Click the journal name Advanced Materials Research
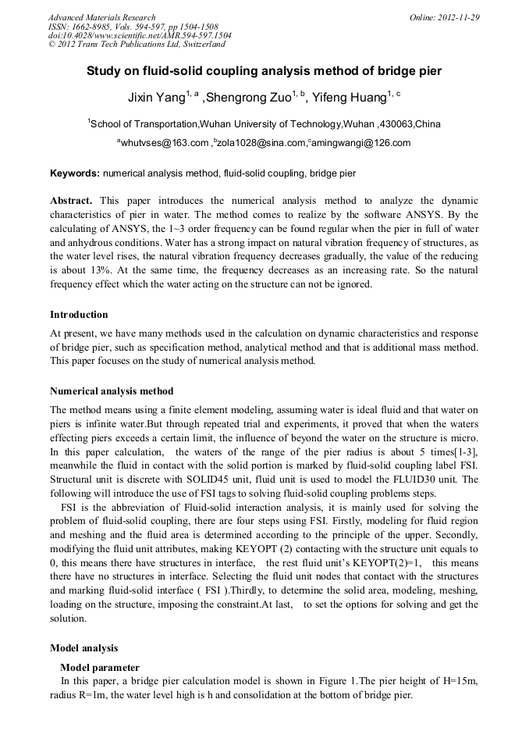(101, 17)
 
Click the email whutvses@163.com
(165, 144)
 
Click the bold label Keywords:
(75, 173)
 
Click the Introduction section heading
(79, 315)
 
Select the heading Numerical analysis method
(112, 391)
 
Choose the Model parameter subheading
(100, 667)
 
